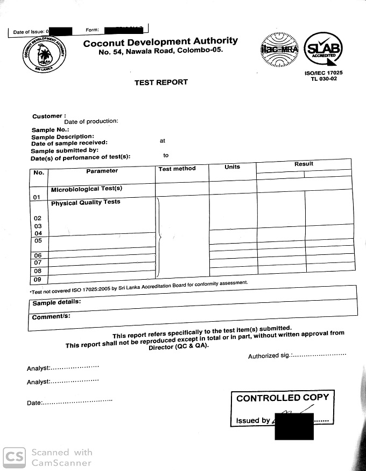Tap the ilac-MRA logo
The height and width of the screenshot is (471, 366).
[x=279, y=51]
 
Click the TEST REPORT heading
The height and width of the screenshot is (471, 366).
[x=161, y=82]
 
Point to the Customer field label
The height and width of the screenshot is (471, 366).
[x=49, y=116]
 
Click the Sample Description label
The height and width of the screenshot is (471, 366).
[x=62, y=137]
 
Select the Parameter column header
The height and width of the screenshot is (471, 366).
[x=102, y=171]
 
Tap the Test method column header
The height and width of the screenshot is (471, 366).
[x=177, y=169]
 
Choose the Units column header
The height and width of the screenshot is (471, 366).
[x=232, y=167]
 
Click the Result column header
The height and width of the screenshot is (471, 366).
[x=304, y=164]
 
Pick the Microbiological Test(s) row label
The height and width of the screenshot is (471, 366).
[x=87, y=189]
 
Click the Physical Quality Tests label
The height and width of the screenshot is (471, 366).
[x=86, y=203]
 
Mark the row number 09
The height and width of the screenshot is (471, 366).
[x=38, y=280]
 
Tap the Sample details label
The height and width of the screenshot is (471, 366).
[x=57, y=302]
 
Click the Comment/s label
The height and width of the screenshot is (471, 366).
[x=51, y=317]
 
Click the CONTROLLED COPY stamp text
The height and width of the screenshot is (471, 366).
[x=283, y=398]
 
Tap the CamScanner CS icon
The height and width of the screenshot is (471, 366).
[x=14, y=458]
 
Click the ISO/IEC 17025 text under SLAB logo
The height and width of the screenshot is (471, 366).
[x=324, y=73]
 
